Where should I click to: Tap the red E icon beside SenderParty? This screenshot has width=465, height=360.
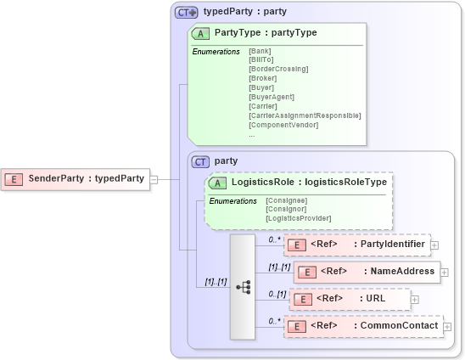tap(14, 179)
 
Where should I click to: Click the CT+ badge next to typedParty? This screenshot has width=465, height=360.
tap(186, 12)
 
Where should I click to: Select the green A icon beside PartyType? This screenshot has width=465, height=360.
tap(201, 33)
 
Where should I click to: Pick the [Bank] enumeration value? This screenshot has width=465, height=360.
tap(261, 51)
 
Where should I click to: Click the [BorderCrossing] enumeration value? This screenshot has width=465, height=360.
tap(278, 69)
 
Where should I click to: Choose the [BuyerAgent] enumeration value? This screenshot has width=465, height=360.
tap(271, 97)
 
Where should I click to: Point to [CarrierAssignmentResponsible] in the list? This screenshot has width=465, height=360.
tap(305, 115)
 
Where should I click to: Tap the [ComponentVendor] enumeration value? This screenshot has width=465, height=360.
tap(283, 125)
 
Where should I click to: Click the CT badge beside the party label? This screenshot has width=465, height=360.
tap(201, 160)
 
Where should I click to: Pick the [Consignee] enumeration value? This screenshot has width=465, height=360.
tap(287, 200)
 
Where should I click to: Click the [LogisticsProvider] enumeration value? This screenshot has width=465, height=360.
tap(298, 218)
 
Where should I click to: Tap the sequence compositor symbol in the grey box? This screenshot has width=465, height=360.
tap(243, 287)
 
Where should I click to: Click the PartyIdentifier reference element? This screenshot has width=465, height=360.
tap(356, 245)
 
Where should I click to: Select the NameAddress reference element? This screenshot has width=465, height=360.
tap(366, 272)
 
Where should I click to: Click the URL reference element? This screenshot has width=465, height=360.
tap(350, 299)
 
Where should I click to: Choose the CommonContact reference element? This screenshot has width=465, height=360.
tap(363, 326)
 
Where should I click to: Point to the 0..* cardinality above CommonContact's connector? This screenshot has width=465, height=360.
tap(274, 321)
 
